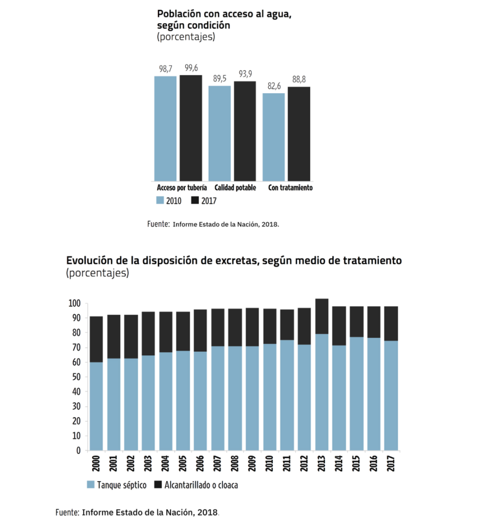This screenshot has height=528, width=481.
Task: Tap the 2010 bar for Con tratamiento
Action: (x=274, y=137)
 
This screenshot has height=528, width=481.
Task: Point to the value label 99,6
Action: (x=191, y=68)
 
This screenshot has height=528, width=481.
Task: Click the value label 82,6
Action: (x=274, y=86)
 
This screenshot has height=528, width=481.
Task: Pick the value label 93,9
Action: (x=245, y=74)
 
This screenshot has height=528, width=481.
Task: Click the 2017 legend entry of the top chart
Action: (x=204, y=201)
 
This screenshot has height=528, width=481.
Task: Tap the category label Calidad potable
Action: (x=235, y=188)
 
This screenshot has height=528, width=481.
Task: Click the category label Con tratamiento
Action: (x=290, y=188)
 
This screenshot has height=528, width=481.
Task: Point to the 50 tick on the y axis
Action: (x=75, y=377)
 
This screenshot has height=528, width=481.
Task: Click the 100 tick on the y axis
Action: (x=74, y=303)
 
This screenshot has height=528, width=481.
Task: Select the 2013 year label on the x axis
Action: (x=322, y=462)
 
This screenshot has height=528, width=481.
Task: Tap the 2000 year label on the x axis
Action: (x=95, y=462)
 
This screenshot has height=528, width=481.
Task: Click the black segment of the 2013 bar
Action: (x=322, y=316)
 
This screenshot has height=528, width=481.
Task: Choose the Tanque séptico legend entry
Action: (x=117, y=485)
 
